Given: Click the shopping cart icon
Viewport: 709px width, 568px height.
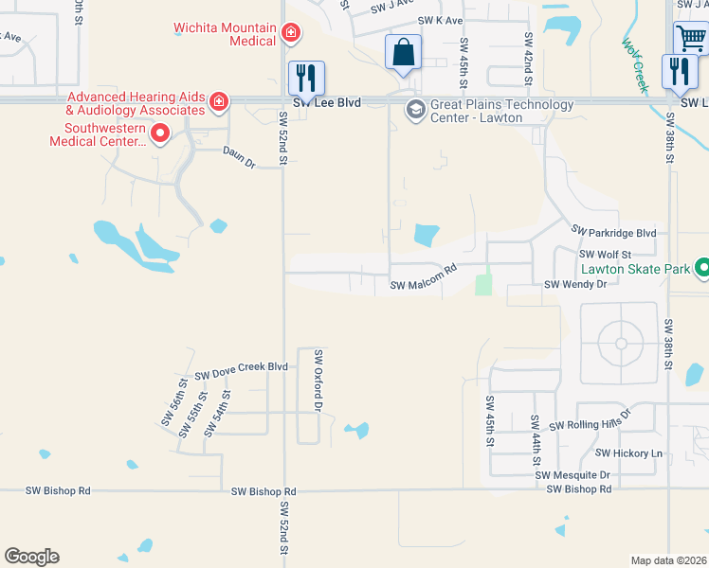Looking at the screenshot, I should [692, 40].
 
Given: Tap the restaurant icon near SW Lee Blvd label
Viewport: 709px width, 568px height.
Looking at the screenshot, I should [306, 78].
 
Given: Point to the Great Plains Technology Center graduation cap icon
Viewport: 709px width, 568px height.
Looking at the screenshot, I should [414, 111].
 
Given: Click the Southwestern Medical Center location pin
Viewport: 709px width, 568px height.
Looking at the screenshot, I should [160, 134].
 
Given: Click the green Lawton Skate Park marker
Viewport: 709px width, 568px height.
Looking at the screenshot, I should [702, 270].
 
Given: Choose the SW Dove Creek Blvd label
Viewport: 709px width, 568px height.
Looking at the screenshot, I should [241, 370].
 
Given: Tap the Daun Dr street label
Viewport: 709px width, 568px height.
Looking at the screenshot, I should [240, 157].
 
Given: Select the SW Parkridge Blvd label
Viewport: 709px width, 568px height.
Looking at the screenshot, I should [613, 232].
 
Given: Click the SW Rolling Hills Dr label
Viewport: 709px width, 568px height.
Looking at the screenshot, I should [602, 425].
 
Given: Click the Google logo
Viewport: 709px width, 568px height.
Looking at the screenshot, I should [31, 557].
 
